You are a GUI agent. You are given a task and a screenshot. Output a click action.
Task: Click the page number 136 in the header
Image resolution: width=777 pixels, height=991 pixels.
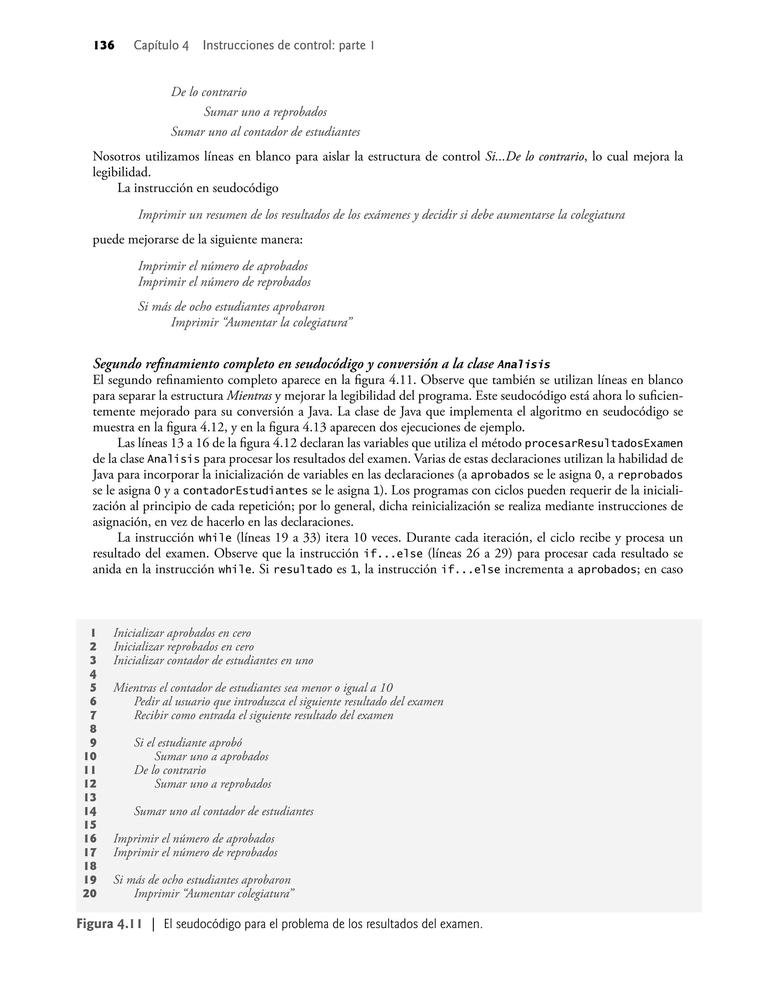[104, 46]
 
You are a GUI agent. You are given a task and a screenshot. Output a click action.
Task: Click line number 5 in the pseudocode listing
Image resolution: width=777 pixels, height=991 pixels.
[93, 688]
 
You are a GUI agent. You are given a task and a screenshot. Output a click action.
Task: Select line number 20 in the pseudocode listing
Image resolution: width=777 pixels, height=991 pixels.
[90, 893]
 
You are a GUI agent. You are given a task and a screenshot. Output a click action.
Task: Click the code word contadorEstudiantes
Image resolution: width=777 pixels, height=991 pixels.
[245, 491]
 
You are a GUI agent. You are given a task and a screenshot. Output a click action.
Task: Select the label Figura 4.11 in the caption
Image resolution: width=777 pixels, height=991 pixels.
[109, 925]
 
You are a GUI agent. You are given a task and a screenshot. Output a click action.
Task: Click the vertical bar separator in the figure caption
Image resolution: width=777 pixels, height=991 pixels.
[153, 925]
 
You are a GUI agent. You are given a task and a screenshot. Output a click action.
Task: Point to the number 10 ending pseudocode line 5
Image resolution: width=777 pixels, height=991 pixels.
[386, 688]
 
